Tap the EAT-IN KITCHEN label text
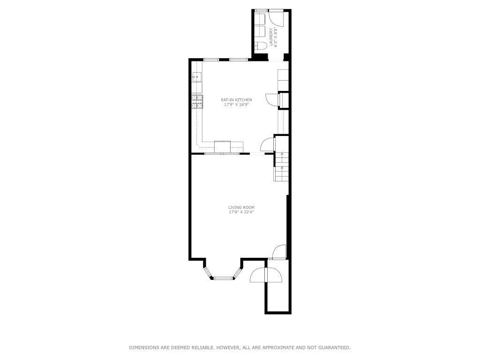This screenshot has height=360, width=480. [x=237, y=100]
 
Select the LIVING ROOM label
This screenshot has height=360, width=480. [x=241, y=207]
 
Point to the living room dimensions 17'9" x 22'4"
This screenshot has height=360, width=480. [x=241, y=212]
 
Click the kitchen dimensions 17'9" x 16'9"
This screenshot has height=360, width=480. [x=237, y=105]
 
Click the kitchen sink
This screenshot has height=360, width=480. [x=196, y=77]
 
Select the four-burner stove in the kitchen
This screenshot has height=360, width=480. [x=197, y=102]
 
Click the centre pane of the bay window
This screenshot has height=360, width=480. [x=224, y=278]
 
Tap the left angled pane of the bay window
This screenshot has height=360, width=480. [x=208, y=272]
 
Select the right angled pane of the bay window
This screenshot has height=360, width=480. [x=239, y=272]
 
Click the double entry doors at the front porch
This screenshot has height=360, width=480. [x=265, y=276]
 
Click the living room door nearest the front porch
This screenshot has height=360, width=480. [x=279, y=252]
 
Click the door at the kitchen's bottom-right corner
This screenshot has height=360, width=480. [x=268, y=144]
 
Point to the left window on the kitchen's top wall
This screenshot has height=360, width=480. [x=211, y=60]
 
